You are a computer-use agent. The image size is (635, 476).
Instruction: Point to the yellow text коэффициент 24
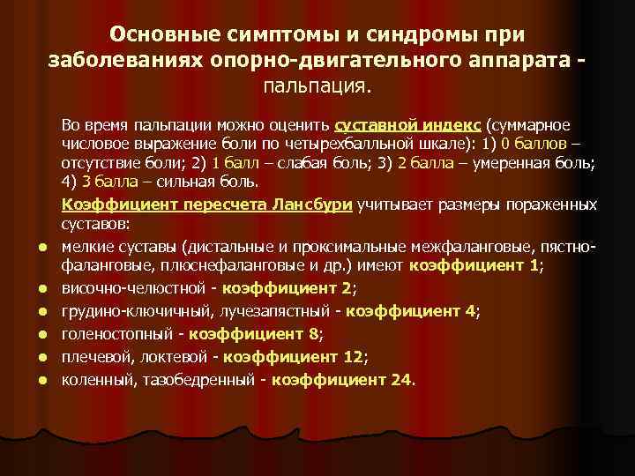pos(342,380)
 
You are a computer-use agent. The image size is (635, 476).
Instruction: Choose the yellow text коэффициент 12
pos(295,357)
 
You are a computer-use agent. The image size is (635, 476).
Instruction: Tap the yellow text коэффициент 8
pos(254,334)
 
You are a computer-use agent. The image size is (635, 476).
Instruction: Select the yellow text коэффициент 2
pos(288,287)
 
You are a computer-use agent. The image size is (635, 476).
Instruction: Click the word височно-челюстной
pos(136,287)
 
